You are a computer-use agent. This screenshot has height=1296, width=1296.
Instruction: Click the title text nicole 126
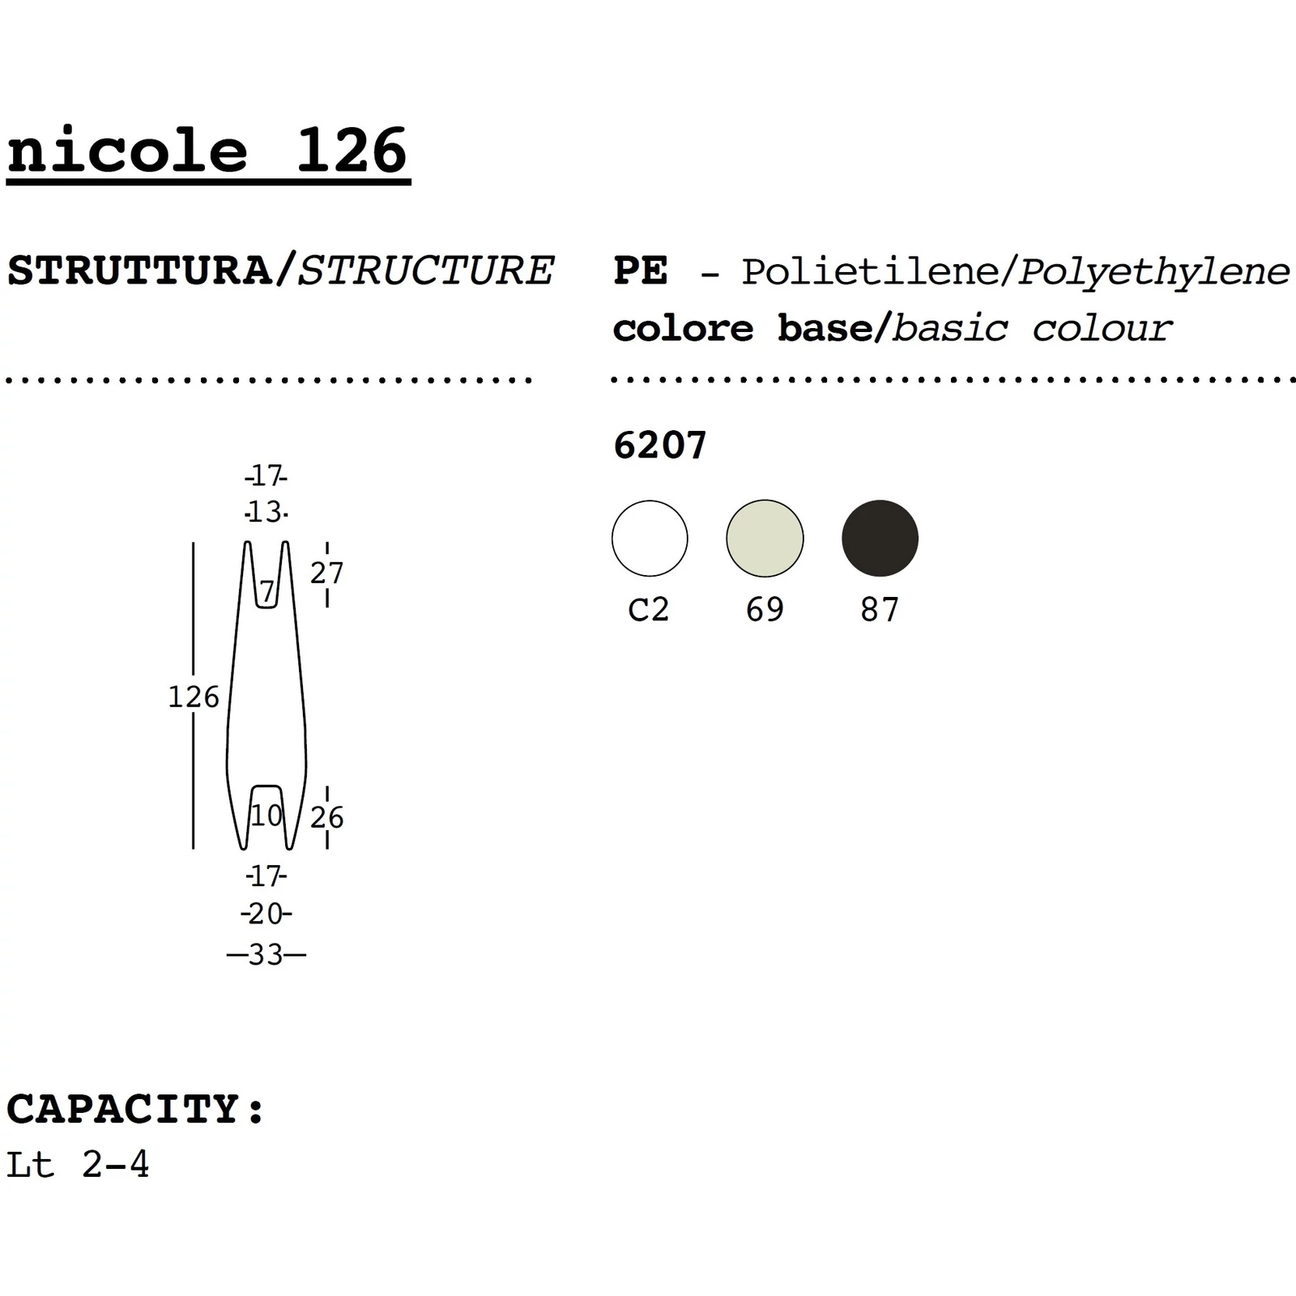[208, 151]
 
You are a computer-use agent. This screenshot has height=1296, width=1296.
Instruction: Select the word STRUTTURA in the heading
[140, 271]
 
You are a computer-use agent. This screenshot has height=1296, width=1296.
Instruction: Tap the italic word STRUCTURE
[426, 271]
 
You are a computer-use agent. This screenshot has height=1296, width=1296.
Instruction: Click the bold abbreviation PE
[641, 271]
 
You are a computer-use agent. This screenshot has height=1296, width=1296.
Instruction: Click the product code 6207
[660, 445]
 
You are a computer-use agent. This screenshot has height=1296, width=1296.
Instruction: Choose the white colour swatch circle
[650, 539]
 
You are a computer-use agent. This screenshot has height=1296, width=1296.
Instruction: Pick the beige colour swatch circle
[765, 539]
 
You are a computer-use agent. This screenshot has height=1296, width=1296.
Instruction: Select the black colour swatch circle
[880, 539]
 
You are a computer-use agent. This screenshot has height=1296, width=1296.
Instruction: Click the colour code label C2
[649, 609]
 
